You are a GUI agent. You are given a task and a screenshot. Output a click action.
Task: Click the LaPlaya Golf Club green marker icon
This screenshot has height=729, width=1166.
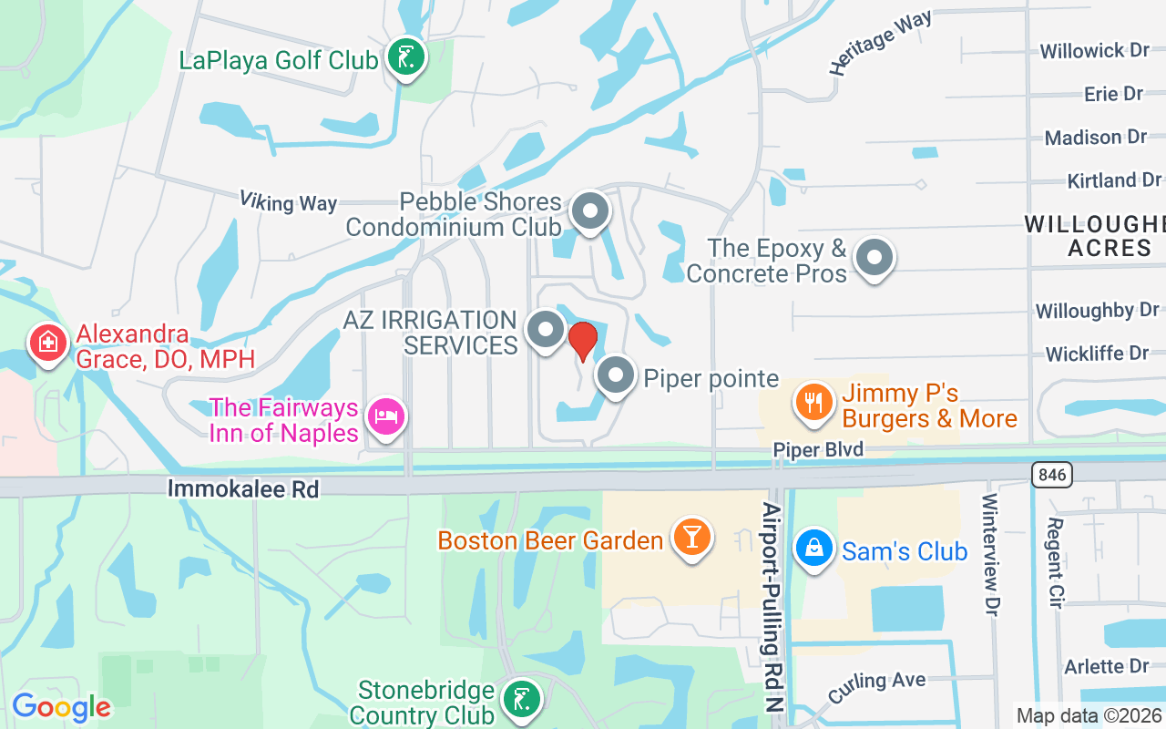click(x=404, y=57)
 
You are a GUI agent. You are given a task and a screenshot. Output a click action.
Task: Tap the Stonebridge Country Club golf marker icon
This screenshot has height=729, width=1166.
click(x=520, y=701)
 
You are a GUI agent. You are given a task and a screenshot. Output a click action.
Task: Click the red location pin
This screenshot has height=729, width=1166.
click(x=582, y=340)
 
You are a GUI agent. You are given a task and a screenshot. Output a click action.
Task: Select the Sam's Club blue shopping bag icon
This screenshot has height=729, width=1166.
click(x=813, y=549)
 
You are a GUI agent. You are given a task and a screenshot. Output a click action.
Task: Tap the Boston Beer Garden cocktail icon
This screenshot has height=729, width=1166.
click(x=691, y=537)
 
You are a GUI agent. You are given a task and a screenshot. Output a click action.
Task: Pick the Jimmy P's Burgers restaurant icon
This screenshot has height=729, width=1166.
click(x=814, y=402)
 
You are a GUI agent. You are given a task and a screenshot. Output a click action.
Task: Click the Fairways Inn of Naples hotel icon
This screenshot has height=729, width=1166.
click(x=386, y=416)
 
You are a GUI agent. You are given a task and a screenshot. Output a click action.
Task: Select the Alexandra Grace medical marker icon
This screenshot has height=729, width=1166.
click(x=47, y=344)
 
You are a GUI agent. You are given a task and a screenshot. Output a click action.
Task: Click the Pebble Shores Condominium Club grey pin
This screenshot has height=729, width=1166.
click(x=590, y=212)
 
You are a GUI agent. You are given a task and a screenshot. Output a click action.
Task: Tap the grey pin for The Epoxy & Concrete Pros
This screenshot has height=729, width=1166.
click(x=874, y=258)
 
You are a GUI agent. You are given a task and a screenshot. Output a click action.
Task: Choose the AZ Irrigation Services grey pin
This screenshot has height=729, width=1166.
click(x=546, y=330)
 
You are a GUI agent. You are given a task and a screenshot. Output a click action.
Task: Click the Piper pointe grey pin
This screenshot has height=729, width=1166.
click(x=616, y=375)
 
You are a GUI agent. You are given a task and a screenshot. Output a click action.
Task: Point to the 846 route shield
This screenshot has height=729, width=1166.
click(x=1053, y=474)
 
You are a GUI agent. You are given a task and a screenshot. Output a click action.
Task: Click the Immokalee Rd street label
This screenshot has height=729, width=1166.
click(x=243, y=489)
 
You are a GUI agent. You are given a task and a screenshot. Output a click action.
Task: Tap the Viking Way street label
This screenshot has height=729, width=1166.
click(x=288, y=201)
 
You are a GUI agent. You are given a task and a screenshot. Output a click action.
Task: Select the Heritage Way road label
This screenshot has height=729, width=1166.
click(x=880, y=43)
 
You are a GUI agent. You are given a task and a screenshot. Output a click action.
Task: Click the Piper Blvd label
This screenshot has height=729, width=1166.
click(x=818, y=450)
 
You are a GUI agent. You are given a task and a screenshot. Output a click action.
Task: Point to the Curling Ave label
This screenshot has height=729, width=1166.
click(x=877, y=684)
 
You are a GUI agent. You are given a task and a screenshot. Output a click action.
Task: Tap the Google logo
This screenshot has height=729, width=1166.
click(x=61, y=707)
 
